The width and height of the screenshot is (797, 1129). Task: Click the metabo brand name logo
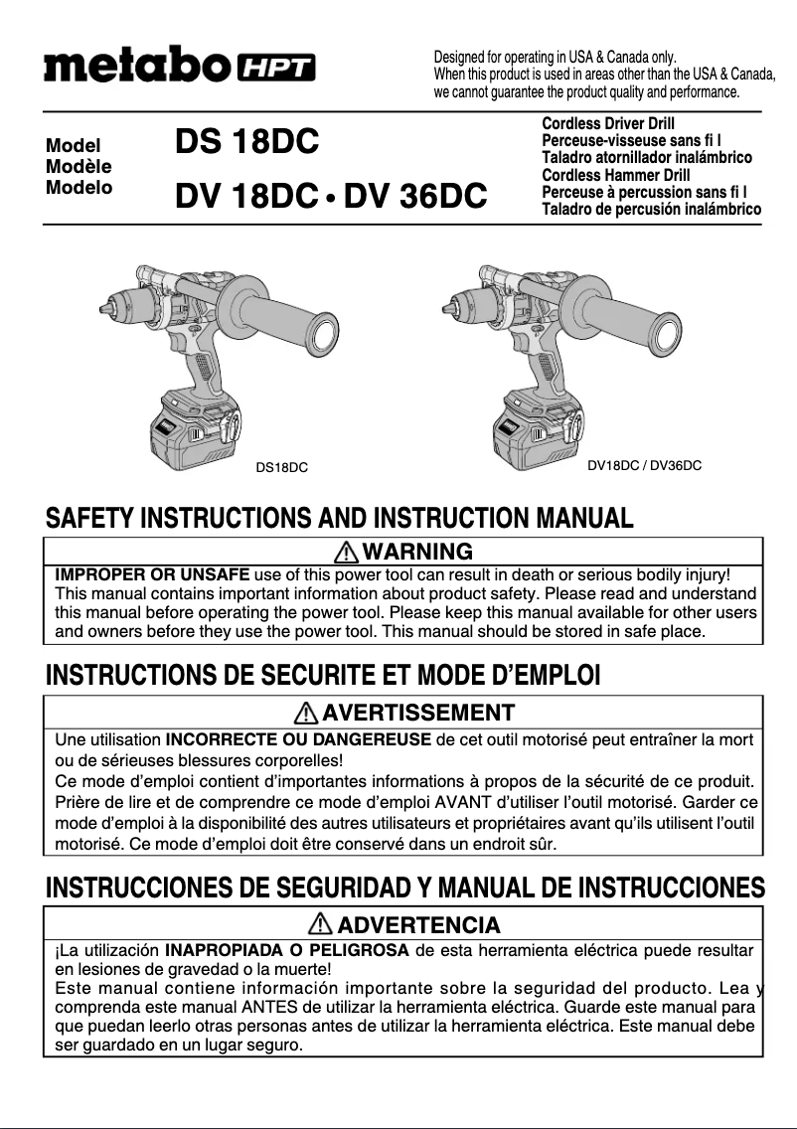pyautogui.click(x=138, y=67)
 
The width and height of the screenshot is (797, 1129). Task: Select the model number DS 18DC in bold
pyautogui.click(x=247, y=143)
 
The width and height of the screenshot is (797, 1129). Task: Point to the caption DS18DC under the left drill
pyautogui.click(x=282, y=466)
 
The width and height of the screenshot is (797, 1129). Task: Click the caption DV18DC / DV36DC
pyautogui.click(x=645, y=464)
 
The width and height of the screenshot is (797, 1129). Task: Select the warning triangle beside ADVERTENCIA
pyautogui.click(x=320, y=924)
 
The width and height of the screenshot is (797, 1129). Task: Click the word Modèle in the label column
pyautogui.click(x=79, y=166)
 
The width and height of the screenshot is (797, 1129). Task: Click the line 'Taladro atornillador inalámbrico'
pyautogui.click(x=646, y=158)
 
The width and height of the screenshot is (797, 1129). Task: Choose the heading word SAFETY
pyautogui.click(x=90, y=518)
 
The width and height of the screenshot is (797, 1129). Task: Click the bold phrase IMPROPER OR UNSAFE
pyautogui.click(x=152, y=574)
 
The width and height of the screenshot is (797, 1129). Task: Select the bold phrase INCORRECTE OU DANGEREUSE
pyautogui.click(x=298, y=739)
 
